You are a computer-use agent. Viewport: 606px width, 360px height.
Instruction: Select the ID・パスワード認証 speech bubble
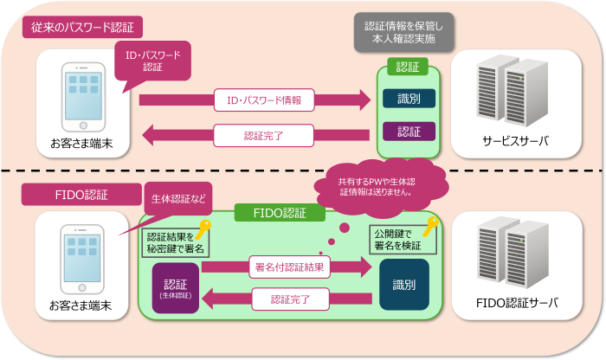152,61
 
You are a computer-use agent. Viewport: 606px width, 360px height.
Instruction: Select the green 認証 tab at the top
408,67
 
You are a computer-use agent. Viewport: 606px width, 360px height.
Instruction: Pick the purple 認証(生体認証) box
176,288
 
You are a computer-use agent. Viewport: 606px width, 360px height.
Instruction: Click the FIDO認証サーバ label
516,303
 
